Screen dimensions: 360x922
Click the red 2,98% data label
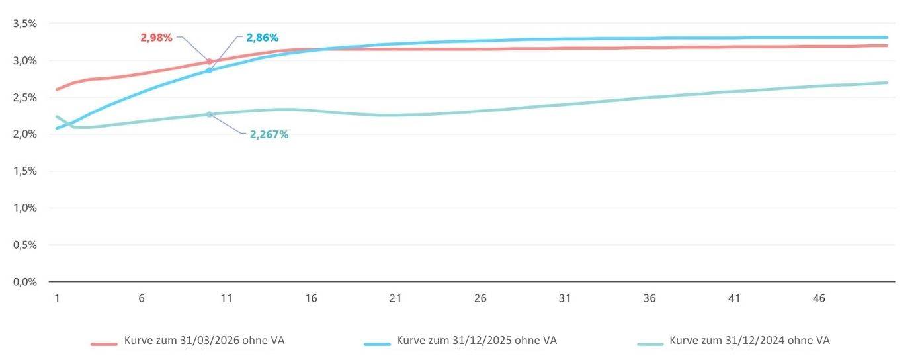tap(156, 38)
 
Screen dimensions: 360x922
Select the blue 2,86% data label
tap(263, 38)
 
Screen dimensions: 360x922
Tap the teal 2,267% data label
tap(269, 134)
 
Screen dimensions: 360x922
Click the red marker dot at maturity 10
tap(210, 62)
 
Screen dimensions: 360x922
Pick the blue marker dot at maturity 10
tap(210, 70)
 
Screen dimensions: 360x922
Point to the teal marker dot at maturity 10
tap(210, 114)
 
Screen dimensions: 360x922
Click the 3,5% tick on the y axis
tap(24, 24)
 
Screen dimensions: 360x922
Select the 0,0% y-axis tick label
tap(24, 282)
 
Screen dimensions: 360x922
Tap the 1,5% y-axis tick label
tap(24, 171)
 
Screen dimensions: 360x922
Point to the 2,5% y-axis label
tap(24, 97)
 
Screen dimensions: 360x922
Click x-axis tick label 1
tap(57, 298)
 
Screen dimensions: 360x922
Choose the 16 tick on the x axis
tap(311, 298)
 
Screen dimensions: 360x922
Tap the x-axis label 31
tap(565, 298)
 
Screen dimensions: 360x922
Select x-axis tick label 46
tap(819, 298)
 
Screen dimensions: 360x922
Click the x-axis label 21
tap(396, 298)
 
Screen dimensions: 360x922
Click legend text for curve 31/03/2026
tap(204, 341)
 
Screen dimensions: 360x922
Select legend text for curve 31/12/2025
tap(476, 341)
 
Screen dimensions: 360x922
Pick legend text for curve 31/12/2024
tap(749, 341)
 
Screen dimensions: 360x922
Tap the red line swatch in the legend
tap(104, 344)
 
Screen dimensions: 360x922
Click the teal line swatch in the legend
tap(650, 344)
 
